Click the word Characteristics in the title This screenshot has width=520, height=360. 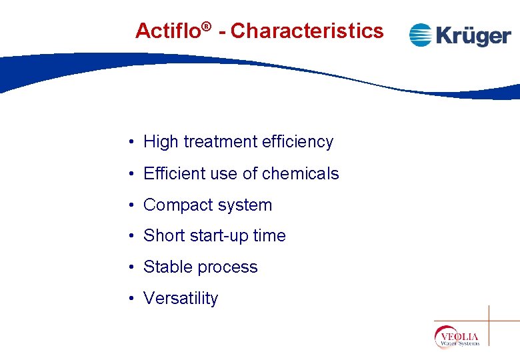pyautogui.click(x=307, y=31)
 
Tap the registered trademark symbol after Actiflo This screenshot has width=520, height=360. pyautogui.click(x=207, y=27)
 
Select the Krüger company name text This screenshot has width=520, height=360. pyautogui.click(x=473, y=35)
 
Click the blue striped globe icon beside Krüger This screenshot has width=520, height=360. pyautogui.click(x=421, y=35)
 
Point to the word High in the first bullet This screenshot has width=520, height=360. pyautogui.click(x=161, y=142)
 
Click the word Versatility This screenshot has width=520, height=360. pyautogui.click(x=181, y=299)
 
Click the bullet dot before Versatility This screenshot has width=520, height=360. pyautogui.click(x=134, y=299)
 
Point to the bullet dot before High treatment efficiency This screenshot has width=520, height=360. pyautogui.click(x=134, y=143)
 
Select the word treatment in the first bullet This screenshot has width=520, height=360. pyautogui.click(x=219, y=142)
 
